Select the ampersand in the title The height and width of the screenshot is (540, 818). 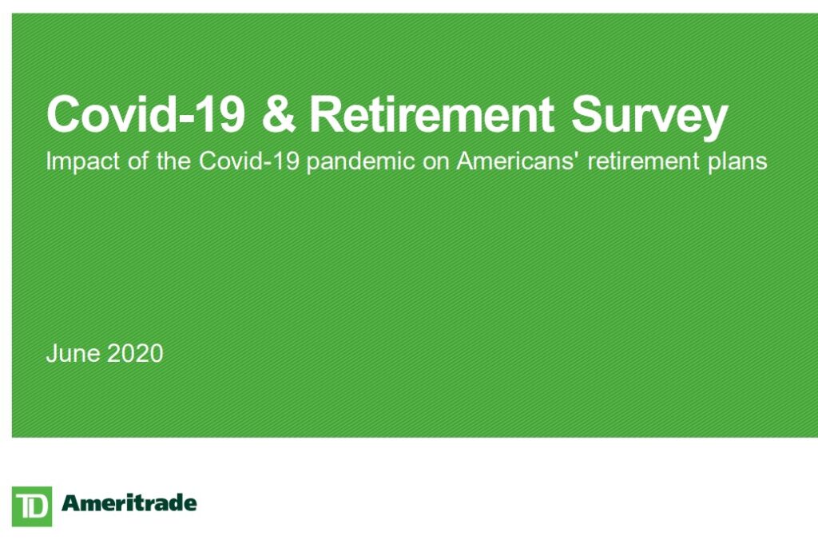pos(278,113)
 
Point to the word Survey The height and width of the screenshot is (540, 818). pos(649,118)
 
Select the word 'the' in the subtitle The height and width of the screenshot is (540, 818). pos(173,161)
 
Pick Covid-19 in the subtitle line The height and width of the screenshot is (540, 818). pos(249,161)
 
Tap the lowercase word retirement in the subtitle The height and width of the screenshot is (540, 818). pos(643,161)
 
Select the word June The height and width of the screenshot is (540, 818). pos(73,353)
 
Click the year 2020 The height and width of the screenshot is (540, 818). pos(135,353)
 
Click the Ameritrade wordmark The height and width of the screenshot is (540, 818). pos(129,503)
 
